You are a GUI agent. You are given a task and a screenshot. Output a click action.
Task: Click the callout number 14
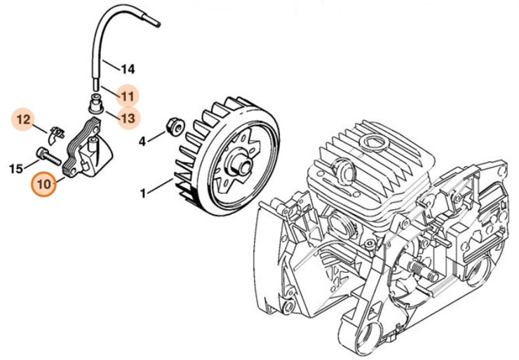tap(127, 69)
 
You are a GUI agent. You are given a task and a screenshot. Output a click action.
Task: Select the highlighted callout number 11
tap(127, 95)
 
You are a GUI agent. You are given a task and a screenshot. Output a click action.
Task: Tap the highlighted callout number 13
tap(127, 118)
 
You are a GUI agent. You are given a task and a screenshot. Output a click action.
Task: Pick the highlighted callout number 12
tap(24, 119)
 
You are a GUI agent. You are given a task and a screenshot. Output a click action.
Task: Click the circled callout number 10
tap(44, 185)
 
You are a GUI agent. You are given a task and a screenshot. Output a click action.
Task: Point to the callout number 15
tap(15, 168)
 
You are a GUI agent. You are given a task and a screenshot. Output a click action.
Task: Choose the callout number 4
tap(142, 141)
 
